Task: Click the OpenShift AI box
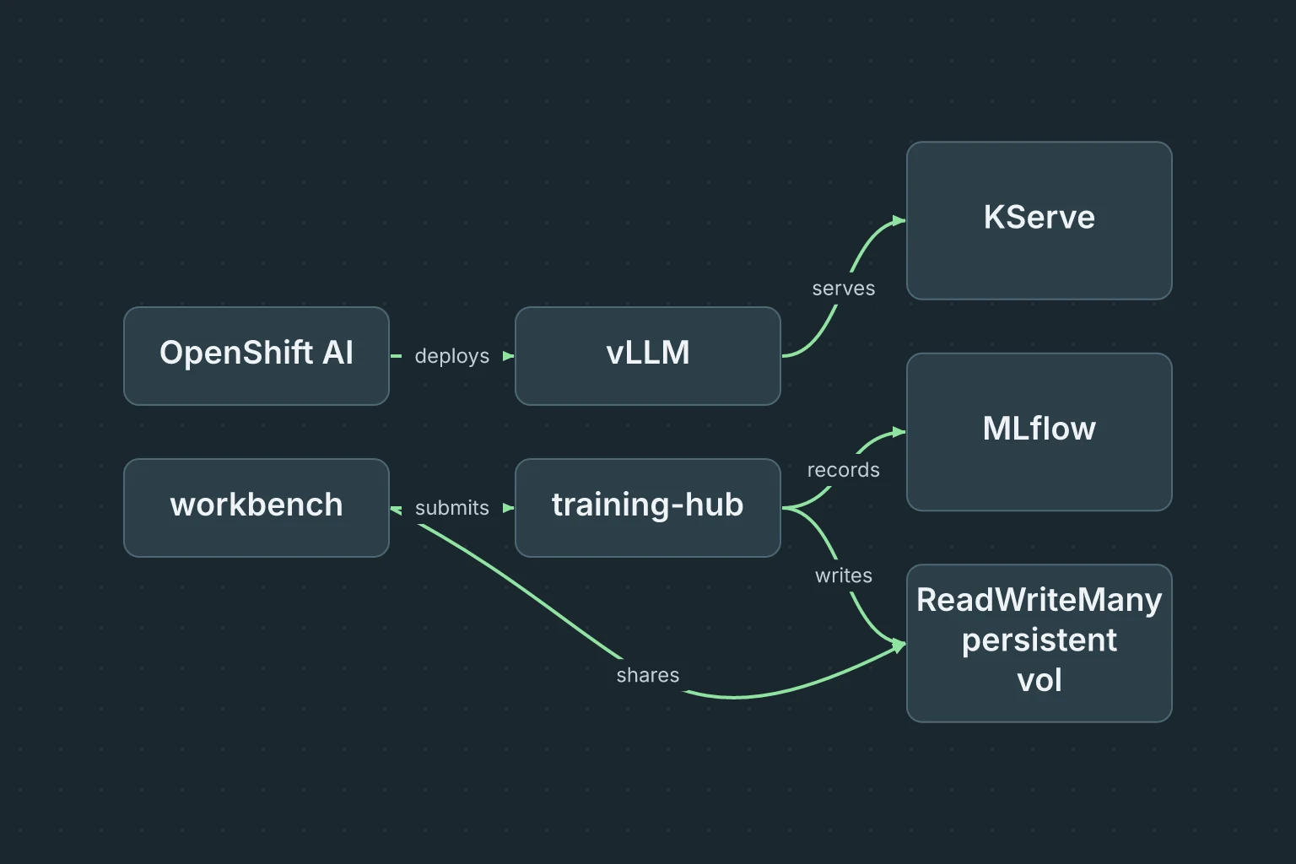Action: point(256,356)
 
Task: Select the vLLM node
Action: point(647,356)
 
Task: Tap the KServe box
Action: point(1039,220)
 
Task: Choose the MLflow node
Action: point(1039,432)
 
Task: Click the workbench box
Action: point(256,508)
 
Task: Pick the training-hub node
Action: point(647,508)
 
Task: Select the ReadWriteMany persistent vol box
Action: point(1039,643)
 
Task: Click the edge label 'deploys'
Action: point(452,356)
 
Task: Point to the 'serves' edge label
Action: point(844,289)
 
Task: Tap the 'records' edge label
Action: point(844,470)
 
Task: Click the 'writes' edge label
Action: point(844,575)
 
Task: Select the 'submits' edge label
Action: point(452,508)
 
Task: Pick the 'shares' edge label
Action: point(647,675)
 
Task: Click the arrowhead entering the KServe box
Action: point(899,220)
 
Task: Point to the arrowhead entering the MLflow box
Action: point(899,432)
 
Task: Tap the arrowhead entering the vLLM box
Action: point(509,356)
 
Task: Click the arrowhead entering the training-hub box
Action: point(509,508)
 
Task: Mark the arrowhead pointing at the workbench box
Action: point(396,510)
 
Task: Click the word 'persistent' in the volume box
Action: point(1039,641)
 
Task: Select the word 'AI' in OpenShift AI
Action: point(337,352)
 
